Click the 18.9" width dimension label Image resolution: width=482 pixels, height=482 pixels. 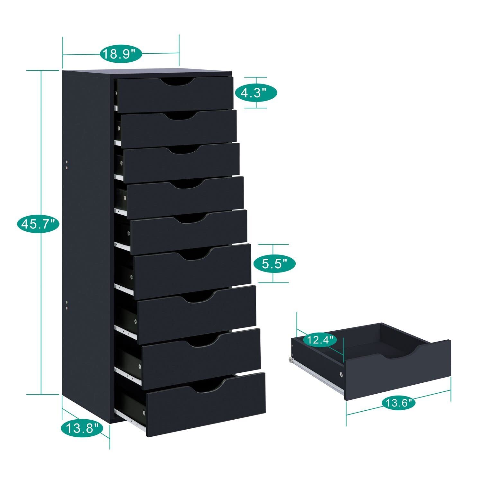coord(121,53)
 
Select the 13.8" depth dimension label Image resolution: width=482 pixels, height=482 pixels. coord(82,428)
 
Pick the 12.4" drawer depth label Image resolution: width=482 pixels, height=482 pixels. coord(320,340)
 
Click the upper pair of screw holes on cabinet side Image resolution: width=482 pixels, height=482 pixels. coord(67,165)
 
